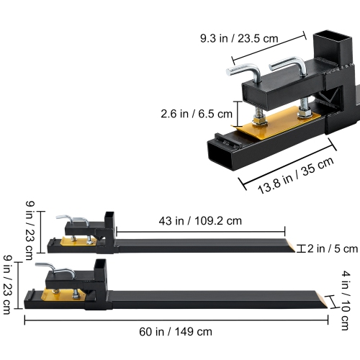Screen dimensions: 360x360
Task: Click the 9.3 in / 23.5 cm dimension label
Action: [x=239, y=38]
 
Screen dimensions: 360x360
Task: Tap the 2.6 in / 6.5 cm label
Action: [x=197, y=114]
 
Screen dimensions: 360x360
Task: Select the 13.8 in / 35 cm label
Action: [x=296, y=176]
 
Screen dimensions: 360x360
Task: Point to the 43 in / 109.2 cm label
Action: [x=200, y=221]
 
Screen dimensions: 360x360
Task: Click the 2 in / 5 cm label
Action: [x=333, y=248]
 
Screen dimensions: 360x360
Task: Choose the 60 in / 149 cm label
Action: [x=176, y=332]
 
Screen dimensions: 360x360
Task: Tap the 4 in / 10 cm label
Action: [x=346, y=300]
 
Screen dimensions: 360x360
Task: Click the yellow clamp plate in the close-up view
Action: [x=278, y=122]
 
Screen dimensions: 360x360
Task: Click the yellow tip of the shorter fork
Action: [x=290, y=246]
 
